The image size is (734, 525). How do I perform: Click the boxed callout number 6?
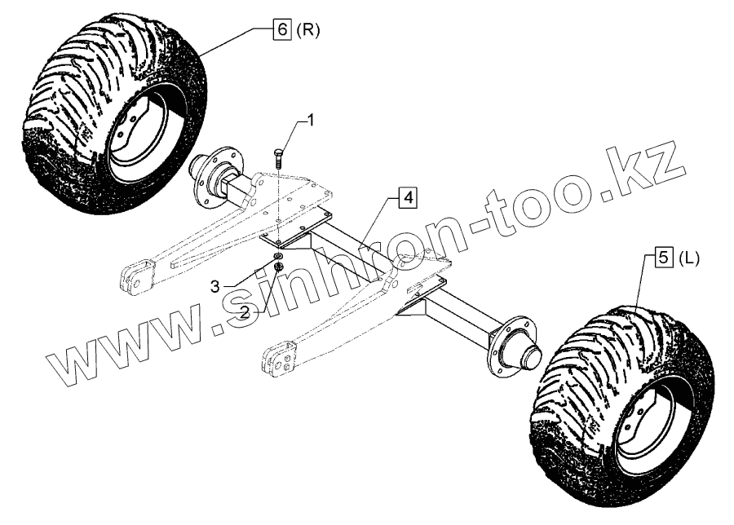pyautogui.click(x=283, y=30)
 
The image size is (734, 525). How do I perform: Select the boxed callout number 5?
pyautogui.click(x=664, y=258)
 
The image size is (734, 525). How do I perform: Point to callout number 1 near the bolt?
pyautogui.click(x=310, y=120)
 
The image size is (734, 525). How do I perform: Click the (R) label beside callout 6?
pyautogui.click(x=308, y=30)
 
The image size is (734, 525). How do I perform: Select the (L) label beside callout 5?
pyautogui.click(x=689, y=258)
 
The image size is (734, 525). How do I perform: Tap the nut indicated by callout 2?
pyautogui.click(x=280, y=267)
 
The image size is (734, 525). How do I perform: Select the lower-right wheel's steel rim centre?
pyautogui.click(x=644, y=427)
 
